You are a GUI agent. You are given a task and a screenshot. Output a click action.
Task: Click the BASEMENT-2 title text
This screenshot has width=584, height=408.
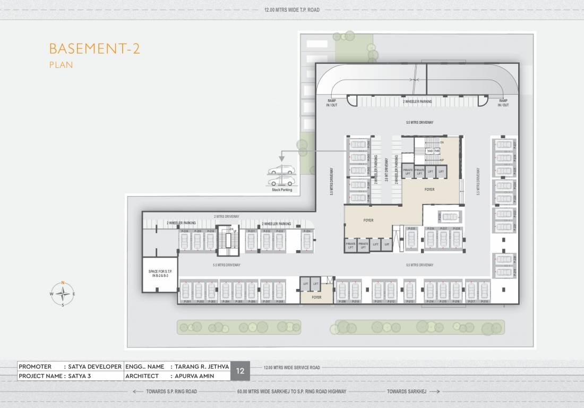(94, 49)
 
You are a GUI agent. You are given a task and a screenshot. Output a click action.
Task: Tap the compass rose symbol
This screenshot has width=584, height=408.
(63, 293)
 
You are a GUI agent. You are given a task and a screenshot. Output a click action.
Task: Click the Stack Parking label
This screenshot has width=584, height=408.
(282, 190)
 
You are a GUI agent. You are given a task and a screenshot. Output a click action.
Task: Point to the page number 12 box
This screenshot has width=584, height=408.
(240, 371)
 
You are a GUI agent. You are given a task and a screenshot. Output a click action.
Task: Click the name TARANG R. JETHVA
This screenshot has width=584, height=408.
(200, 367)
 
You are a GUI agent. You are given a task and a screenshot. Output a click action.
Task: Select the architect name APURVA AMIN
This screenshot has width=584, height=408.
(191, 376)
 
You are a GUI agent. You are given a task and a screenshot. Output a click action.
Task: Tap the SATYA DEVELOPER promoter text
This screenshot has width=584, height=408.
(95, 367)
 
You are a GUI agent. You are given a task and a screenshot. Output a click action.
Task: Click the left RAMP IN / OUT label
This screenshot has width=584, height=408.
(331, 103)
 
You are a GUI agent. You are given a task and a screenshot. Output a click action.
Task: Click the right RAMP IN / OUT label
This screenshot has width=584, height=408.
(503, 103)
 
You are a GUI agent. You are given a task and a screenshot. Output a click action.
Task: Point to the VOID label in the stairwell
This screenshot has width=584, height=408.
(430, 151)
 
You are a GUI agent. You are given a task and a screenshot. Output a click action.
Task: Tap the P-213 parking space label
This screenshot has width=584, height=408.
(409, 302)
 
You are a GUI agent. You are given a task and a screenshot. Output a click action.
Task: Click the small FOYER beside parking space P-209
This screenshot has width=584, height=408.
(316, 297)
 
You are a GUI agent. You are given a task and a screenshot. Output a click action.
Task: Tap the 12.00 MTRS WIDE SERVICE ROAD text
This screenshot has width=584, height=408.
(291, 368)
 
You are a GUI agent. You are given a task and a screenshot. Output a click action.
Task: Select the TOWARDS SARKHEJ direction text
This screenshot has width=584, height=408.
(406, 392)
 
